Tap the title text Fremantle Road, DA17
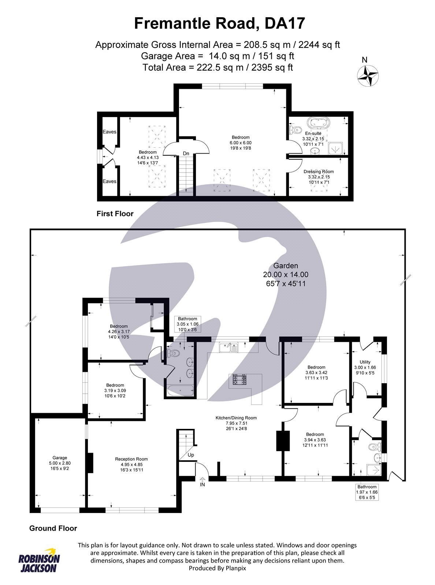[219, 23]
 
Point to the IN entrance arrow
[202, 482]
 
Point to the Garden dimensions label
[286, 274]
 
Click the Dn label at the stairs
[186, 154]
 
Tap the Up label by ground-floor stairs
[191, 455]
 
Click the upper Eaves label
[109, 132]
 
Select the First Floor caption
[115, 214]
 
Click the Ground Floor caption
[53, 528]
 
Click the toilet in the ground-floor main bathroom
[173, 354]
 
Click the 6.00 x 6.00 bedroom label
[240, 143]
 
